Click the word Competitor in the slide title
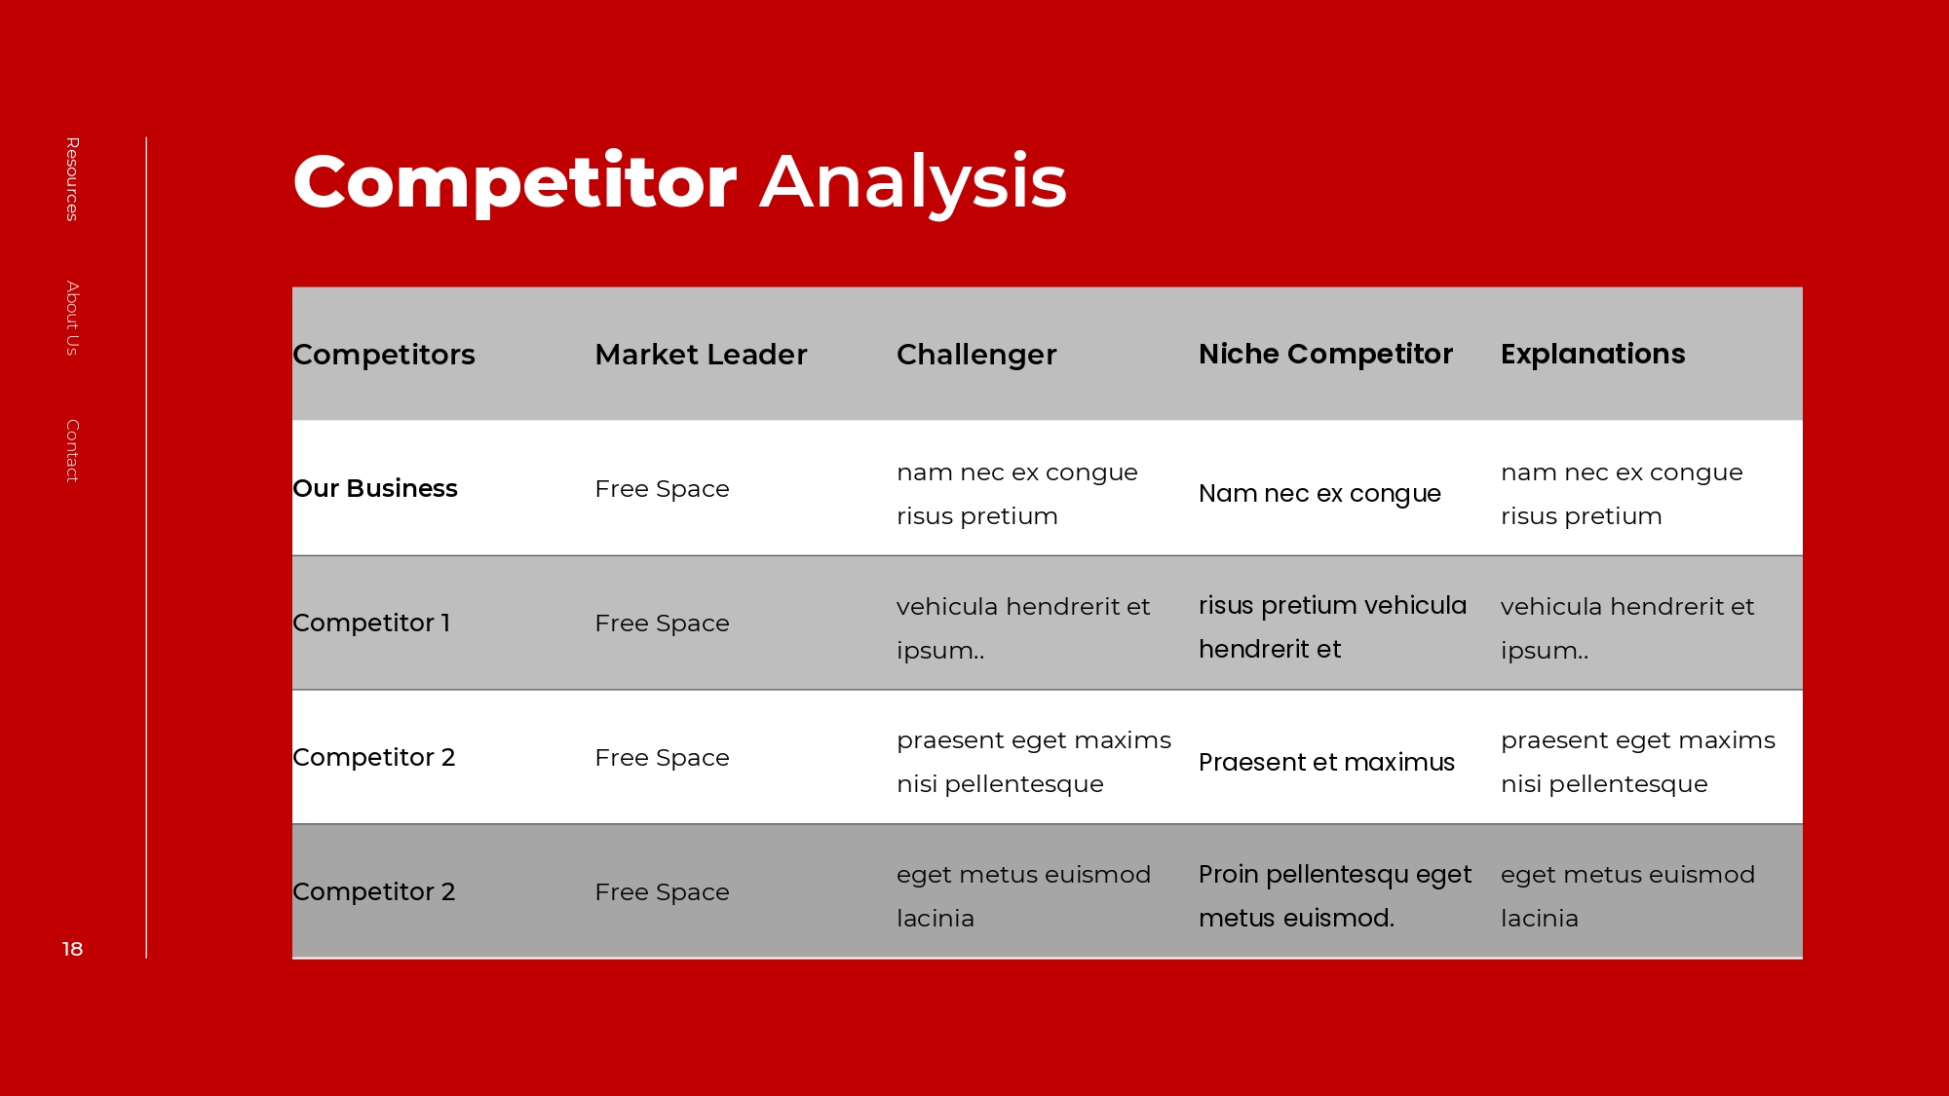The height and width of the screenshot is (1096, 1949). click(515, 182)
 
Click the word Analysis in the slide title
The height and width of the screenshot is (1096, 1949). click(913, 182)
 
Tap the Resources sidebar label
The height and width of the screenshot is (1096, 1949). click(72, 179)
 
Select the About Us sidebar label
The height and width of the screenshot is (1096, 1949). click(72, 319)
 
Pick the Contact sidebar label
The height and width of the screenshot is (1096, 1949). click(72, 451)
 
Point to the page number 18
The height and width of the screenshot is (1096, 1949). click(72, 949)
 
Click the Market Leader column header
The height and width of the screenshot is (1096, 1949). click(701, 355)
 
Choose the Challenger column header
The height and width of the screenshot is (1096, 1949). click(976, 355)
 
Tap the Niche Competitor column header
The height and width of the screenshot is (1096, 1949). click(1325, 354)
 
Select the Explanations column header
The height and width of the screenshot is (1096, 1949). click(1592, 354)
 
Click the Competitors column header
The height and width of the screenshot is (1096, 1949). click(384, 355)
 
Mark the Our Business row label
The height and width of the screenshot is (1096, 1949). click(375, 488)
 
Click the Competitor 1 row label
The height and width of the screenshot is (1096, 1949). click(371, 623)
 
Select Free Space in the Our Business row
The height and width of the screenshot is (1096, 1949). click(662, 489)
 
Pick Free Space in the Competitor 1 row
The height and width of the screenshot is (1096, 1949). click(662, 624)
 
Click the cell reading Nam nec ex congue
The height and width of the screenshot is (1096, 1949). click(1319, 494)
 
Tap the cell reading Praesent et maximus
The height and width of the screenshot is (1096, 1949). click(1326, 762)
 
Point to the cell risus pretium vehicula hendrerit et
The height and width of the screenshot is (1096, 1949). click(1332, 627)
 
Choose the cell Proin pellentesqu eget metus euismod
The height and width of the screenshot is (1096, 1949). click(1335, 896)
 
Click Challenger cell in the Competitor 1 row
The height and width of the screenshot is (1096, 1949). click(1023, 628)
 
